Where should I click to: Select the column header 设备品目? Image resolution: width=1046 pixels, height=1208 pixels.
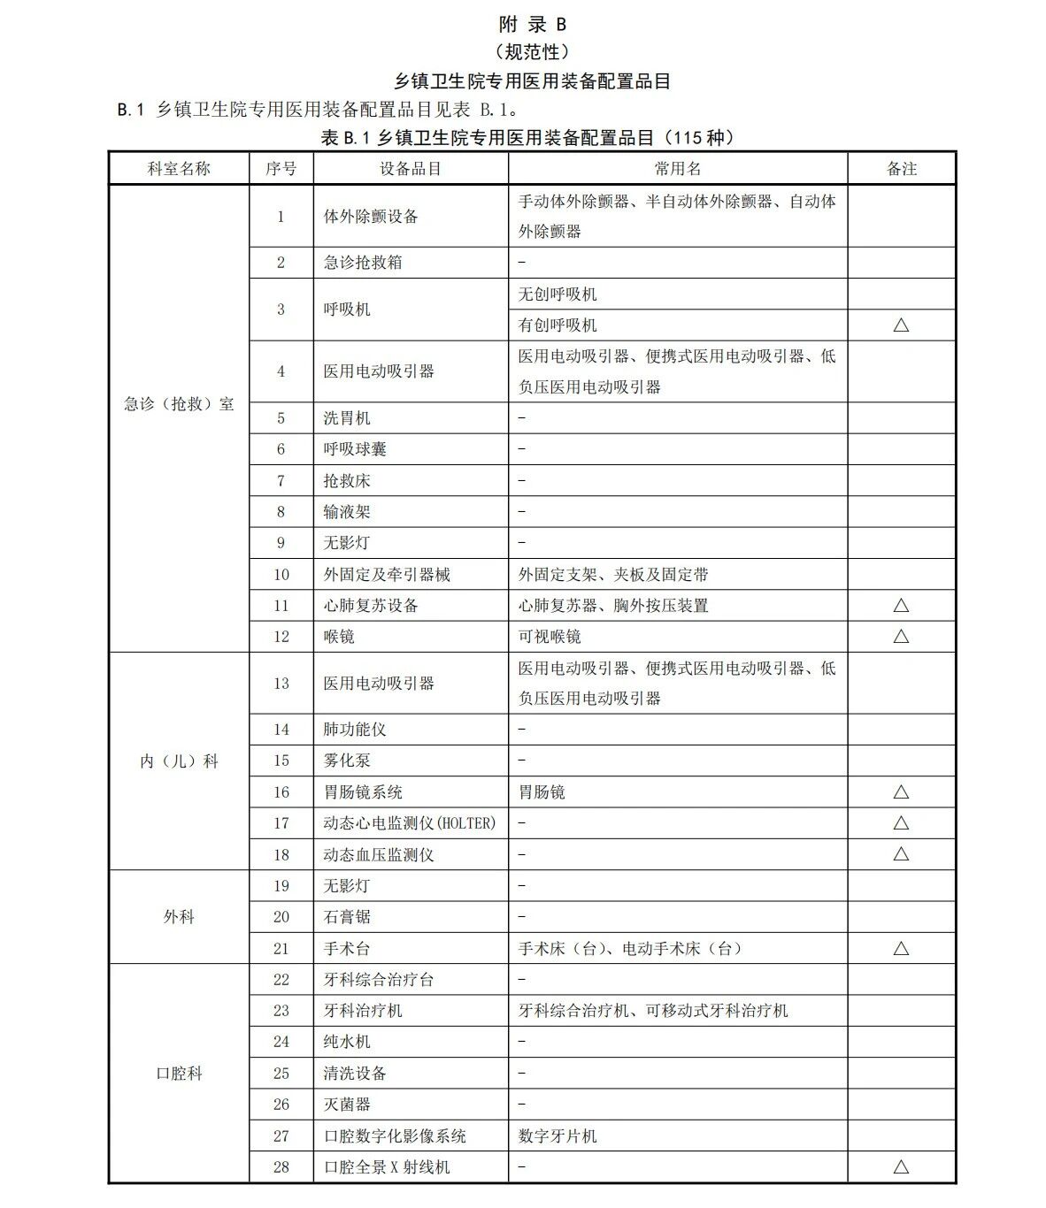pyautogui.click(x=410, y=169)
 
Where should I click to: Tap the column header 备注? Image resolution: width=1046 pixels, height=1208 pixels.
pyautogui.click(x=901, y=169)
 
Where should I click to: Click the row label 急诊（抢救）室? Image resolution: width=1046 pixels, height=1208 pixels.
pyautogui.click(x=179, y=404)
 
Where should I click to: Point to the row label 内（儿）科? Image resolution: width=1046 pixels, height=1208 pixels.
pyautogui.click(x=179, y=761)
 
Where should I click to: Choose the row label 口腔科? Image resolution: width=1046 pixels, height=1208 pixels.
pyautogui.click(x=179, y=1074)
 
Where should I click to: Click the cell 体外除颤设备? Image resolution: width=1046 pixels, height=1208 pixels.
pyautogui.click(x=370, y=217)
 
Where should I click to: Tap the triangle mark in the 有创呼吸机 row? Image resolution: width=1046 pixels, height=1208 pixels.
pyautogui.click(x=901, y=325)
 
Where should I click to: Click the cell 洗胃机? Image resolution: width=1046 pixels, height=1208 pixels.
pyautogui.click(x=347, y=418)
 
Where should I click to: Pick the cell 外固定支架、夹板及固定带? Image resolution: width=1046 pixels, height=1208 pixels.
pyautogui.click(x=613, y=575)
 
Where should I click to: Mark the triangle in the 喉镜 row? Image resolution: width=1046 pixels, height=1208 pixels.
pyautogui.click(x=901, y=636)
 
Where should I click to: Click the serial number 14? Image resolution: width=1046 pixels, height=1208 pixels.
pyautogui.click(x=281, y=730)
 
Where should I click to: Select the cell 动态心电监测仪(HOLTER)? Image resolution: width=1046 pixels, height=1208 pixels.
pyautogui.click(x=409, y=823)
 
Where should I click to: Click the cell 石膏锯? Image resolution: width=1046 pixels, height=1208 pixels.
pyautogui.click(x=347, y=917)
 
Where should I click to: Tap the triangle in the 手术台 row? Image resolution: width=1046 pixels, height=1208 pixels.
pyautogui.click(x=901, y=948)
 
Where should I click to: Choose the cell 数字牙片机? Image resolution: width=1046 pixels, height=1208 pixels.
pyautogui.click(x=558, y=1136)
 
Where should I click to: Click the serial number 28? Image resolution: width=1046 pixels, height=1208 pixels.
pyautogui.click(x=281, y=1167)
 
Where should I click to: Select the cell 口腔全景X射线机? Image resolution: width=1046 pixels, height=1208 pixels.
pyautogui.click(x=387, y=1167)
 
